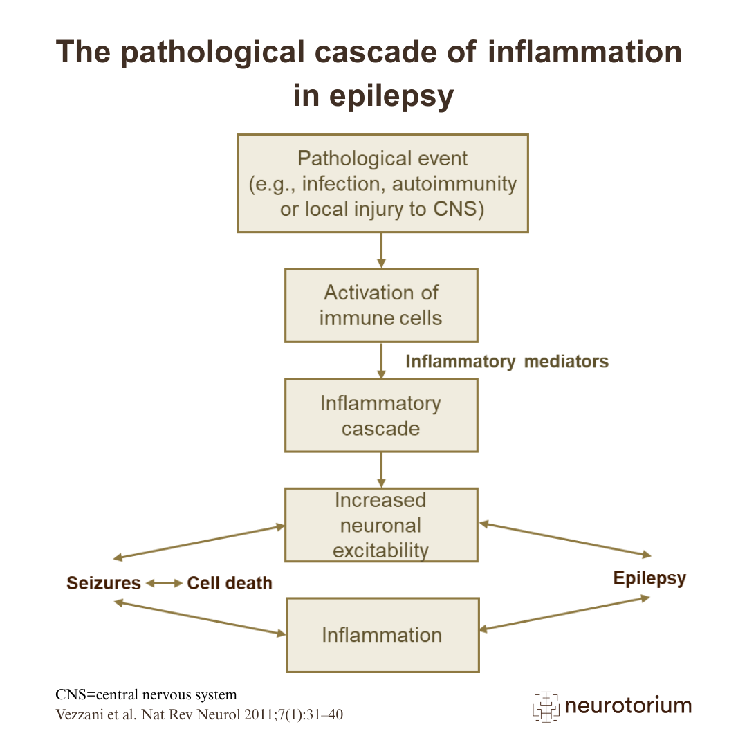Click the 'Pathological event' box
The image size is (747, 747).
[x=382, y=183]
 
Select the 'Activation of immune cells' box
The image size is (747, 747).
[x=381, y=305]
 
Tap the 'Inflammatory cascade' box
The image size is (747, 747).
[x=381, y=415]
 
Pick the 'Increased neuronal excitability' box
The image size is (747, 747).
[x=381, y=525]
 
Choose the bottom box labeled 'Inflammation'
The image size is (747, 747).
[x=382, y=635]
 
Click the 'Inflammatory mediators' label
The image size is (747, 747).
[x=507, y=361]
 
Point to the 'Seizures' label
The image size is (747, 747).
[x=104, y=583]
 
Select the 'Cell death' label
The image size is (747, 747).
[x=230, y=583]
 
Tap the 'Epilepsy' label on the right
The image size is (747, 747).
[x=649, y=578]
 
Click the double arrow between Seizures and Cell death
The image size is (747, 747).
[x=164, y=583]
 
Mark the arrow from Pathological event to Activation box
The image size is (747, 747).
[x=381, y=250]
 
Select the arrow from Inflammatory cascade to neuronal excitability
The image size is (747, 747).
[x=381, y=470]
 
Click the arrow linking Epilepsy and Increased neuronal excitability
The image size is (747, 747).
[x=565, y=539]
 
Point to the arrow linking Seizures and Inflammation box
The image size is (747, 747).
[x=200, y=618]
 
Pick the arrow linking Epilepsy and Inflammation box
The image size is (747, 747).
[x=565, y=614]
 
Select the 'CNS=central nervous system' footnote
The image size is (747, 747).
[x=146, y=694]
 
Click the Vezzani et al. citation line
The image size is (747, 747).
[x=199, y=714]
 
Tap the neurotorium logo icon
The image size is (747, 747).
[x=545, y=706]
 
